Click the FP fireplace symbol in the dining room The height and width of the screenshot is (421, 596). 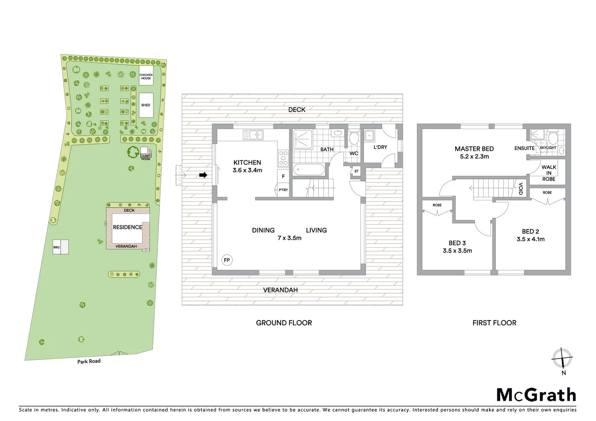pos(227,260)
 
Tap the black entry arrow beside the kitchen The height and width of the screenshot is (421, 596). pos(203,175)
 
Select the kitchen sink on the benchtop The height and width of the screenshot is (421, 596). pos(253,135)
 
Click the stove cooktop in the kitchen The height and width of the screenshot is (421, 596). pos(283,157)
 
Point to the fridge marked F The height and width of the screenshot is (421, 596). pos(283,176)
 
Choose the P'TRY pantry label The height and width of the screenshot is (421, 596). pos(283,190)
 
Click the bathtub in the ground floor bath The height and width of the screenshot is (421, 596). pos(308,170)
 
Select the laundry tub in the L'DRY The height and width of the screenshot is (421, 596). pos(369,136)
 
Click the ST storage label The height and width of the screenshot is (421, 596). pos(357,171)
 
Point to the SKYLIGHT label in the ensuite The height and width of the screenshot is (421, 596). pos(548,148)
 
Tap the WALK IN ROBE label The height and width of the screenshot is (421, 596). pos(548,173)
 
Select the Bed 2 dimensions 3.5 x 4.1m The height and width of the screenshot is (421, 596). pos(530,239)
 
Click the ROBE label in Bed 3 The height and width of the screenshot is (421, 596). pos(437,205)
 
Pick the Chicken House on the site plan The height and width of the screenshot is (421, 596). pos(146,76)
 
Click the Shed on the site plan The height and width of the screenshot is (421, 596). pos(146,105)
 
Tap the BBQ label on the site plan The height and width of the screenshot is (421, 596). pos(56,247)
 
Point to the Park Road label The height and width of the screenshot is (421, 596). pos(89,361)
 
